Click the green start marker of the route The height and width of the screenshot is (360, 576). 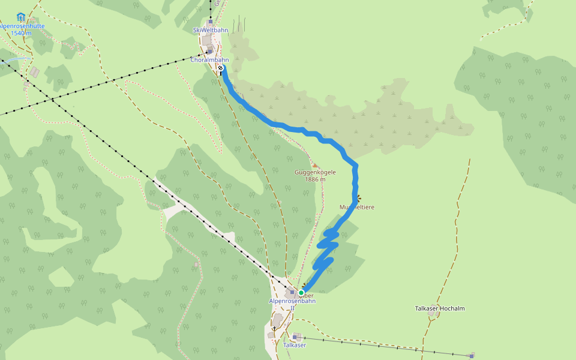tap(301, 293)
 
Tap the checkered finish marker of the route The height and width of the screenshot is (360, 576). tap(221, 68)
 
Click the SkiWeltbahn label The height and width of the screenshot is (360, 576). tap(210, 30)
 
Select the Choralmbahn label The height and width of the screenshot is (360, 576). tap(209, 60)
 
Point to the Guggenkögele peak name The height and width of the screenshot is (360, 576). tap(315, 172)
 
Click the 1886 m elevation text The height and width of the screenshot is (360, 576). tap(315, 179)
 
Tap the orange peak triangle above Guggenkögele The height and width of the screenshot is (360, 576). tap(315, 165)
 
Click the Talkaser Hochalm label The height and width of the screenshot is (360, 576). tap(440, 308)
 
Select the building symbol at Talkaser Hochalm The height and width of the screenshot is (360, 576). tap(431, 314)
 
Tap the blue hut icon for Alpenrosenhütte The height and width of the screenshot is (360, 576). tap(21, 17)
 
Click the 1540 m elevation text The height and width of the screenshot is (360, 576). tap(21, 34)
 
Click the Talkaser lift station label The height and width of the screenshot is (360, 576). tap(295, 345)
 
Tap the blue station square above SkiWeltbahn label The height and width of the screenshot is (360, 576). tap(210, 22)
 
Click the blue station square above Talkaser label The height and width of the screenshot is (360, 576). tap(296, 337)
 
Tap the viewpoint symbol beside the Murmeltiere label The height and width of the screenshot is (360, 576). tap(359, 197)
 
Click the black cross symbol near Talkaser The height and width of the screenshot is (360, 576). tap(275, 328)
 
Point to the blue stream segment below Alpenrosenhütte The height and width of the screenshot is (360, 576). tap(17, 59)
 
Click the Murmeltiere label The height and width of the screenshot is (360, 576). tap(357, 207)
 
